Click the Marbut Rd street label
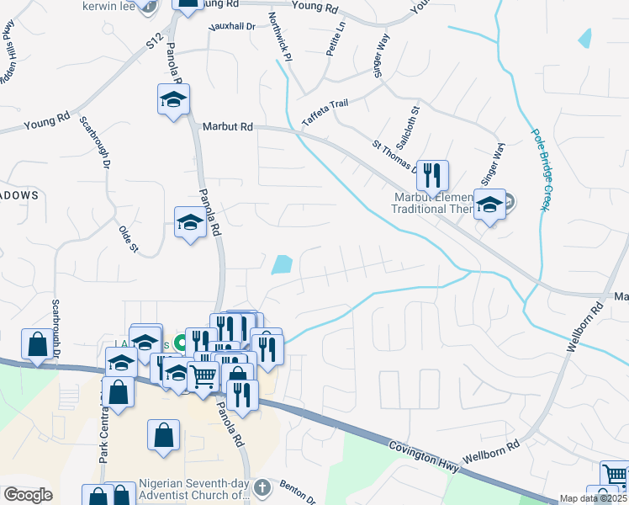click(x=227, y=126)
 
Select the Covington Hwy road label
click(x=423, y=453)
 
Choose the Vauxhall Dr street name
click(x=232, y=26)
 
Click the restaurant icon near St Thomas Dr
click(x=432, y=176)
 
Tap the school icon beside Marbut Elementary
click(x=489, y=205)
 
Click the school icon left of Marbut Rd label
click(x=174, y=101)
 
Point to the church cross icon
click(x=263, y=486)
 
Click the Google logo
click(x=28, y=495)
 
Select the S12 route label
click(x=152, y=40)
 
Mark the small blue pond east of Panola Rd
click(x=283, y=265)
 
